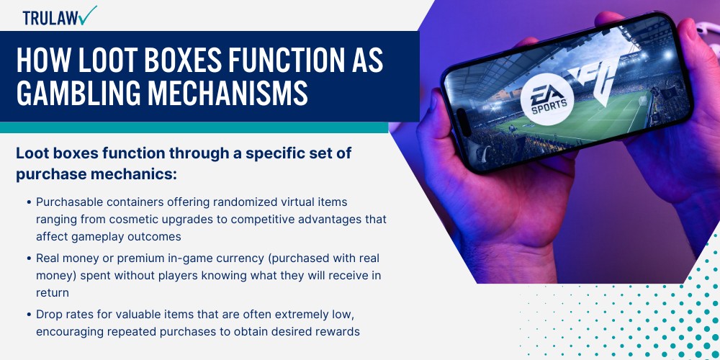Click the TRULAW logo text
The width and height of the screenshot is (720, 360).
click(x=50, y=18)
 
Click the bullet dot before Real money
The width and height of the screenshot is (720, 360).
click(x=29, y=259)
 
